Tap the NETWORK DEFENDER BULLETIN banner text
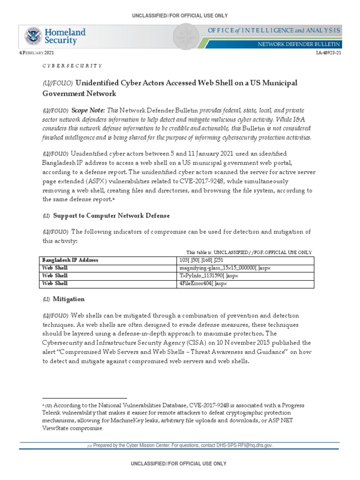pyautogui.click(x=300, y=44)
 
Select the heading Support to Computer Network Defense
pyautogui.click(x=111, y=215)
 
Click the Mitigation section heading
pyautogui.click(x=68, y=299)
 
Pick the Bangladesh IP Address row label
pyautogui.click(x=70, y=259)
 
